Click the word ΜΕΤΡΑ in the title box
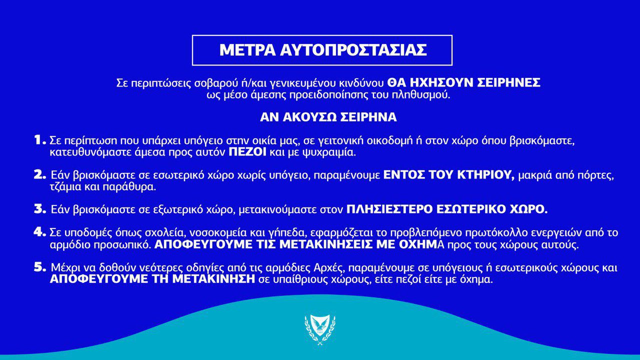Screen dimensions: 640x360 pos(247,50)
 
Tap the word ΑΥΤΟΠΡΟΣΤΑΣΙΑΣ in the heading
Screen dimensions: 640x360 pos(353,50)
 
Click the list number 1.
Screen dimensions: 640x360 pos(39,140)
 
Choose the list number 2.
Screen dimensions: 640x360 pos(39,175)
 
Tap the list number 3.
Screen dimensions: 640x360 pos(39,209)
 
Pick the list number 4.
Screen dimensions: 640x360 pos(39,232)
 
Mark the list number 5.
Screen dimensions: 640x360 pos(39,267)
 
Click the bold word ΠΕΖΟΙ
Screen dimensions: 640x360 pos(247,152)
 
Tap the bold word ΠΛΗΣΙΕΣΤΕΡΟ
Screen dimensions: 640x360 pos(389,209)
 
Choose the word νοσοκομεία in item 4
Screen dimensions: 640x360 pos(218,232)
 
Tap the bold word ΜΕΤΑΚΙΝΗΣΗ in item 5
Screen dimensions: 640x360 pos(213,279)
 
